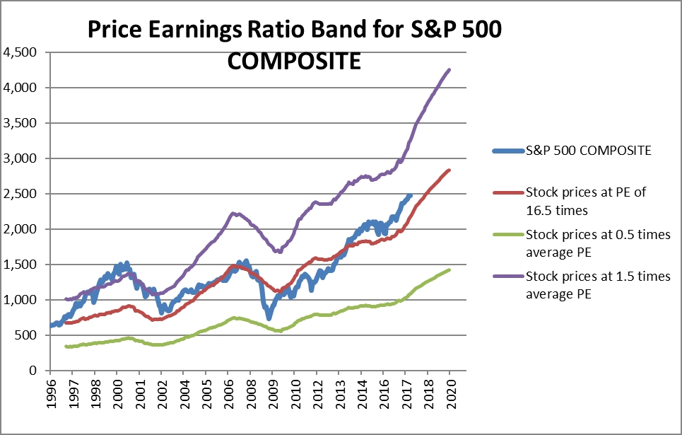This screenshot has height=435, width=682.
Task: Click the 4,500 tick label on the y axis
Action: click(x=20, y=52)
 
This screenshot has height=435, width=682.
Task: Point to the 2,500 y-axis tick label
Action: click(x=20, y=194)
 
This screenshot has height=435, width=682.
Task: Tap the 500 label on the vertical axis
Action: click(x=26, y=335)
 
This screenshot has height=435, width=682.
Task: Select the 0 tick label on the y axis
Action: click(x=33, y=371)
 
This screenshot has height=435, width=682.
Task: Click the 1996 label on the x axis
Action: click(x=51, y=394)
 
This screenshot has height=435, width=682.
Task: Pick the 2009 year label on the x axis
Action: click(x=273, y=394)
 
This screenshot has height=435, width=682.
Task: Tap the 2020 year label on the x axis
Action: click(x=451, y=394)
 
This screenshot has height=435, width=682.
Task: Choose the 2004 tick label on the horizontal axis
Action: click(x=184, y=394)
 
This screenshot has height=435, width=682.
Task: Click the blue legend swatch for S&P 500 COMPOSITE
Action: click(x=508, y=151)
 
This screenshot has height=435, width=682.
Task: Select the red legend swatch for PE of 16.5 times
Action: click(x=508, y=192)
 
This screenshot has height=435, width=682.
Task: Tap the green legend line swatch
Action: click(x=508, y=235)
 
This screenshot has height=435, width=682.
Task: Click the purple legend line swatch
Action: click(x=508, y=276)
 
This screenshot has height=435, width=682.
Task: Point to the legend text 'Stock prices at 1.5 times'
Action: click(x=598, y=276)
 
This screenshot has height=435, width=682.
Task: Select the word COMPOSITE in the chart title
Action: click(x=294, y=61)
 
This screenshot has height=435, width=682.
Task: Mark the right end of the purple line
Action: click(x=449, y=69)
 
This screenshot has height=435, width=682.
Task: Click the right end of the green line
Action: click(x=449, y=270)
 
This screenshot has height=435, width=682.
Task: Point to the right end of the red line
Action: click(x=449, y=170)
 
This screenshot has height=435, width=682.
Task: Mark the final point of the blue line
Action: click(x=411, y=195)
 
